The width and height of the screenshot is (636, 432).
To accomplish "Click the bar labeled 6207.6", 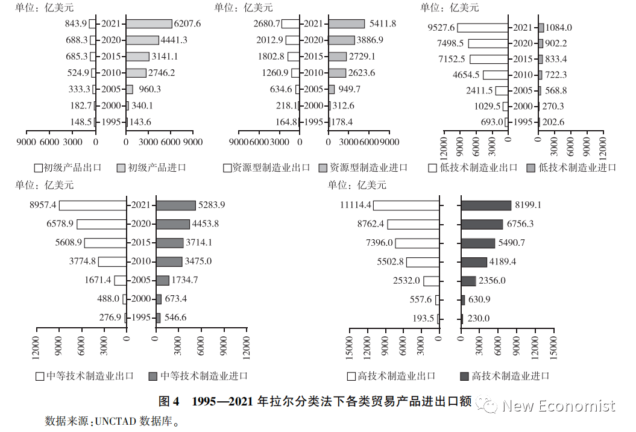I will click(149, 24).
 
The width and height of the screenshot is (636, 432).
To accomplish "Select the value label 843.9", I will click(76, 24).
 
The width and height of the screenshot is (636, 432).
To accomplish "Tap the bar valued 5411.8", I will click(347, 24).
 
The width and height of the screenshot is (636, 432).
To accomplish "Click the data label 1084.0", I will click(559, 28).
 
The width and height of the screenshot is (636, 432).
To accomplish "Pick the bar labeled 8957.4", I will click(92, 205).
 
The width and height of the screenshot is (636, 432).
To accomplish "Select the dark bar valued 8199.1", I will click(486, 205).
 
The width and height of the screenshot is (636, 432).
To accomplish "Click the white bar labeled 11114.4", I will click(406, 205).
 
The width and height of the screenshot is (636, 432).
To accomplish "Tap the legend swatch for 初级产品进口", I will click(121, 167).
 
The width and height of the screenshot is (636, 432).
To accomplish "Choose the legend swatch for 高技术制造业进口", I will click(464, 376).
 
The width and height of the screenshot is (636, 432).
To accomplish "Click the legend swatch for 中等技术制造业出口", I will click(40, 376).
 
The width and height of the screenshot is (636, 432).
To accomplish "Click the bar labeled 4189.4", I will click(474, 262).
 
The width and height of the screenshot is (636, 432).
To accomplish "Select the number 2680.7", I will click(267, 24).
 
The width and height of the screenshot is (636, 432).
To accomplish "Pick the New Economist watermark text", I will click(558, 405).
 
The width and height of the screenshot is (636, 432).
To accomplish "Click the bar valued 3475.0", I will click(169, 262).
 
